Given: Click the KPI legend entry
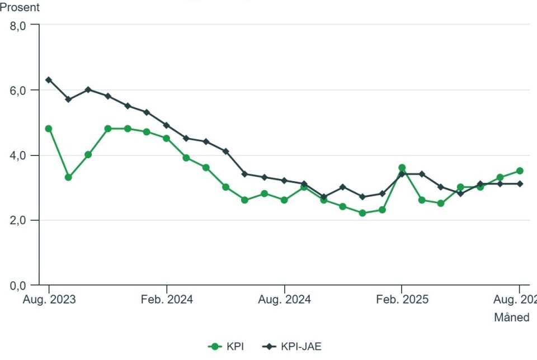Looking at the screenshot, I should pos(226,347).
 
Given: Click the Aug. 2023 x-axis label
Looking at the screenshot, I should pos(49,300).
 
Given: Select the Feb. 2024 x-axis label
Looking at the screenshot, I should pos(167,300).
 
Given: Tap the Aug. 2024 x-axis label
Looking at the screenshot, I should pos(285,300).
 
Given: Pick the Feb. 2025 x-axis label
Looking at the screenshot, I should pos(402,300).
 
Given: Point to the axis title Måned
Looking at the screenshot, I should pos(511,318).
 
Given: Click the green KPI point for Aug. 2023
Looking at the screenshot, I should pos(49,129).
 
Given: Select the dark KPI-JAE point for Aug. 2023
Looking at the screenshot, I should pos(49,80).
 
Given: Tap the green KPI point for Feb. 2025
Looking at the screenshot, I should pos(402,168).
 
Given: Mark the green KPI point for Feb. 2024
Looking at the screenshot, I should pos(167,138).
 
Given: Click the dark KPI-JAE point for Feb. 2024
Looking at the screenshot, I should pos(167,125).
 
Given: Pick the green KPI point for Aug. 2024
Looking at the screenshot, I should pos(284,200).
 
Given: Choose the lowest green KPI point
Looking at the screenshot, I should pos(362,213).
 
